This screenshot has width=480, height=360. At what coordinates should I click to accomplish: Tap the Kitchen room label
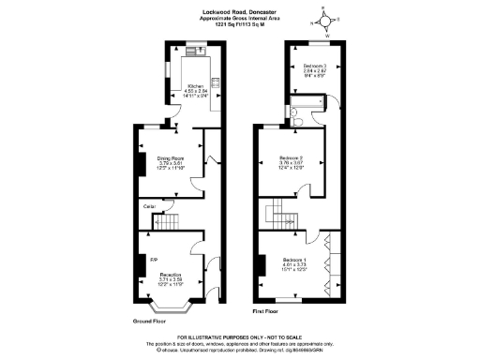pos(196,85)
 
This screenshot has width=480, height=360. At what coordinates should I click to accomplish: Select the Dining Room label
pos(170,158)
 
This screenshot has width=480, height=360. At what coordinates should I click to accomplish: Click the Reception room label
pos(170,274)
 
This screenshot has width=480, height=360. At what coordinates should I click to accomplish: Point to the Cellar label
pos(148,204)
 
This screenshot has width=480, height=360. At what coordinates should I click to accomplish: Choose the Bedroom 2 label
pos(293,158)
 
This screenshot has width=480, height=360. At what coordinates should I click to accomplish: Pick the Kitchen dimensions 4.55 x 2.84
pos(196,91)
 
